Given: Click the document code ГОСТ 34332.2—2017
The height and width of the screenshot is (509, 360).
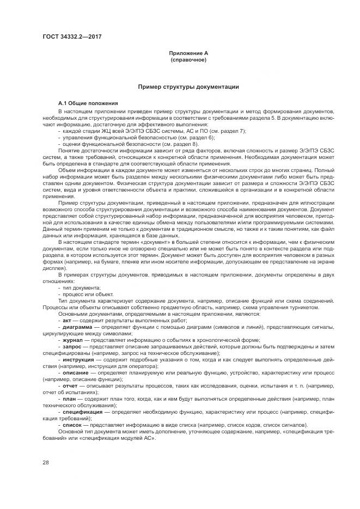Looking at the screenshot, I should (x=72, y=36).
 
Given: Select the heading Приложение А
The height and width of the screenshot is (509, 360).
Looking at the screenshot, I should (x=188, y=53).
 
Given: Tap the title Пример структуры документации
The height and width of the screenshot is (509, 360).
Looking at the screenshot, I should (x=188, y=87).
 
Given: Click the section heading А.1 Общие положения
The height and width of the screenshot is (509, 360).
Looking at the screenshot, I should (x=88, y=103).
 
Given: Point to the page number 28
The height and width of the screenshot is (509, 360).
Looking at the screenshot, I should (x=45, y=462).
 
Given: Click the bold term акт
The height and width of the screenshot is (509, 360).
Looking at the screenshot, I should (x=68, y=322).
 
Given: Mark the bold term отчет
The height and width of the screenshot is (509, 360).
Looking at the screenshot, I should (x=71, y=385).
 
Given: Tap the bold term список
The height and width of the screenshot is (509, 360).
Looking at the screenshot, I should (x=73, y=425).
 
